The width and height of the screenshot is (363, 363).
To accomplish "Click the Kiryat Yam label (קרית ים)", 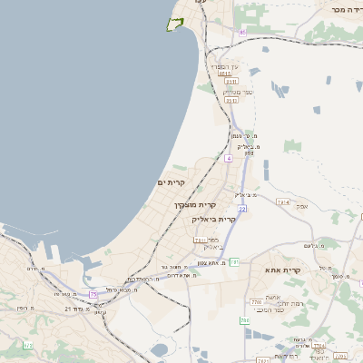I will click(171, 182).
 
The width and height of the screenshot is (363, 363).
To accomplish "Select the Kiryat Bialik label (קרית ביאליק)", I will click(214, 219).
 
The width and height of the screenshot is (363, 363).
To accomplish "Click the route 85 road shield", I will click(243, 33).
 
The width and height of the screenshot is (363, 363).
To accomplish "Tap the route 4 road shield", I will click(230, 159).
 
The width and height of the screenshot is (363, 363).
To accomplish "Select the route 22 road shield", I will click(242, 209).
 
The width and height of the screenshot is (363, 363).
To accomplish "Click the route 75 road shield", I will click(93, 294).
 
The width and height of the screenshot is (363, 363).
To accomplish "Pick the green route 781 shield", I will click(233, 262).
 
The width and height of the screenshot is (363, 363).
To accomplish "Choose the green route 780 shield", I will click(244, 320).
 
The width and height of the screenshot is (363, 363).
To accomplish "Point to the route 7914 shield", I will click(282, 201).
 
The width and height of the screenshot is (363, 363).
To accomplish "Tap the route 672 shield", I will click(27, 345).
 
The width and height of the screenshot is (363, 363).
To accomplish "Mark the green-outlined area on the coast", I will click(175, 25).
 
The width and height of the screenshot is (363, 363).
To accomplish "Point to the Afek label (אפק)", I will click(302, 206).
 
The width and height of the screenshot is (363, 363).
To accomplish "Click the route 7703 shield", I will click(256, 301).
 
